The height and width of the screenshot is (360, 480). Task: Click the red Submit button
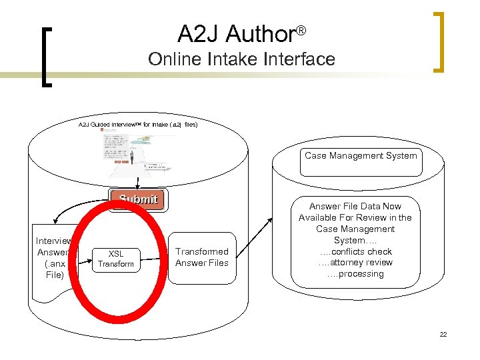(138, 199)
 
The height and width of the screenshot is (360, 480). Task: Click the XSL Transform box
(116, 258)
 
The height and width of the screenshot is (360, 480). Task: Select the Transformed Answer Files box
(201, 257)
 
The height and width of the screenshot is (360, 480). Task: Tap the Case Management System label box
(360, 156)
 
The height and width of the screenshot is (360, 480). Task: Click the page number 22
(443, 335)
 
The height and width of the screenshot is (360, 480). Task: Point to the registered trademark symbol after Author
(301, 31)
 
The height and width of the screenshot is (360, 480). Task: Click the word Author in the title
(260, 33)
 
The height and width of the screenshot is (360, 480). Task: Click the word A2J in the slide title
(198, 33)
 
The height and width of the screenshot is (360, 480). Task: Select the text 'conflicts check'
(360, 251)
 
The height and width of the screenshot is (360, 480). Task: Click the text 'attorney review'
(360, 263)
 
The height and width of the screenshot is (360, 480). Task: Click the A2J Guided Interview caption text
(138, 124)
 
